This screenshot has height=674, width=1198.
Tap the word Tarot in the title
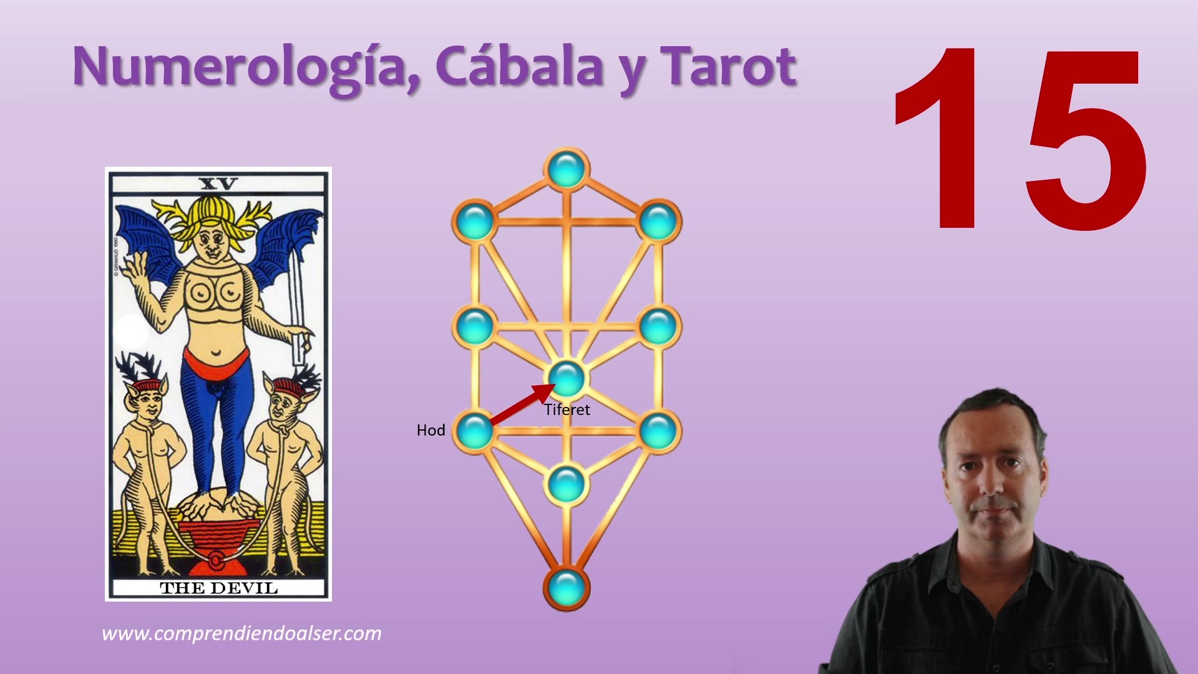point(728,66)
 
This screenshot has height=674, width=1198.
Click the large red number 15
point(1020,139)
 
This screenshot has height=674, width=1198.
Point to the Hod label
point(431,430)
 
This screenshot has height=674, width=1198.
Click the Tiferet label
point(567,409)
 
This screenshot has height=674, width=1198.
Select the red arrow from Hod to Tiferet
point(523,404)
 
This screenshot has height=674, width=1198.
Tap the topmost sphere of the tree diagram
point(566,168)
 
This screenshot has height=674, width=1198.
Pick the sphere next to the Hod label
point(475,431)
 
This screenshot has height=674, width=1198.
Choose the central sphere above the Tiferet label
point(567,378)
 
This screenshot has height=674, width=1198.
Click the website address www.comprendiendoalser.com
point(241,633)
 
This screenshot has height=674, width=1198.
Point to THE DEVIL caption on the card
point(218,588)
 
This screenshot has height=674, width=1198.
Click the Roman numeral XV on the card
point(218,183)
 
